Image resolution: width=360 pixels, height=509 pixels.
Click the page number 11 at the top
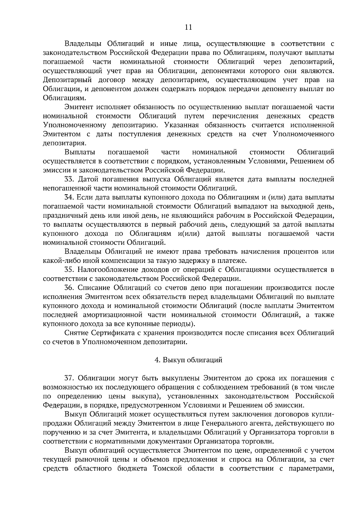pos(188,27)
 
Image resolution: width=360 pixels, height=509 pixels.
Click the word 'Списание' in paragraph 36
pos(94,288)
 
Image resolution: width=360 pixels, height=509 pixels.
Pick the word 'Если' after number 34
pos(85,198)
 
